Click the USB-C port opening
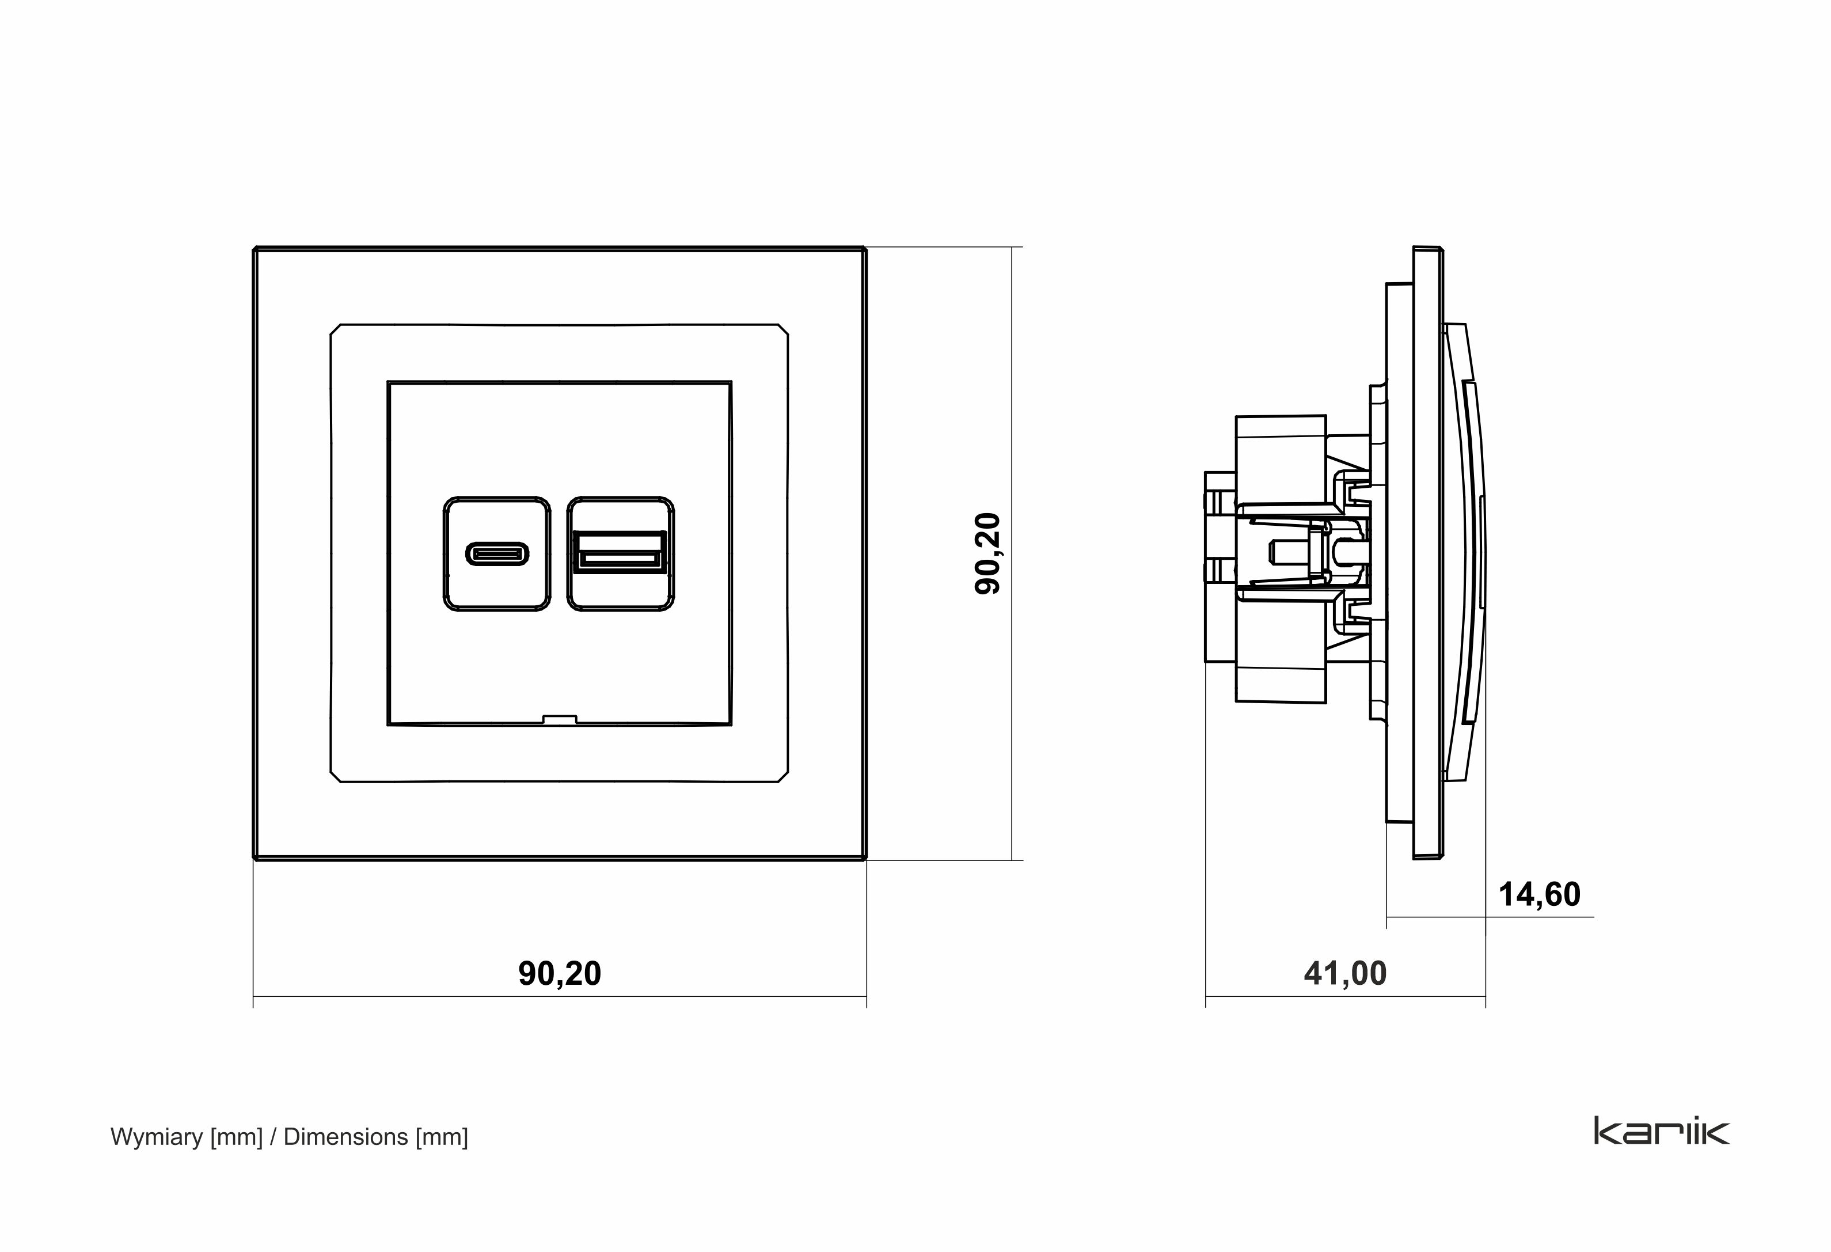pos(496,554)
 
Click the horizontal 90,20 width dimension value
pos(560,974)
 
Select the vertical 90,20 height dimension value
pos(988,553)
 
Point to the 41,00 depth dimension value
pos(1345,974)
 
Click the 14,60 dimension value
pos(1539,895)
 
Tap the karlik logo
pos(1662,1130)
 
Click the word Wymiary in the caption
pos(157,1137)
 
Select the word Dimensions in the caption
pos(345,1137)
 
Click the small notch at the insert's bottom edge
pos(560,719)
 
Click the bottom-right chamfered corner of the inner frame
pos(782,776)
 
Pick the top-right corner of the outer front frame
pos(864,251)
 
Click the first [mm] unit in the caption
pos(236,1137)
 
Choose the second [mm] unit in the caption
pos(441,1137)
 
